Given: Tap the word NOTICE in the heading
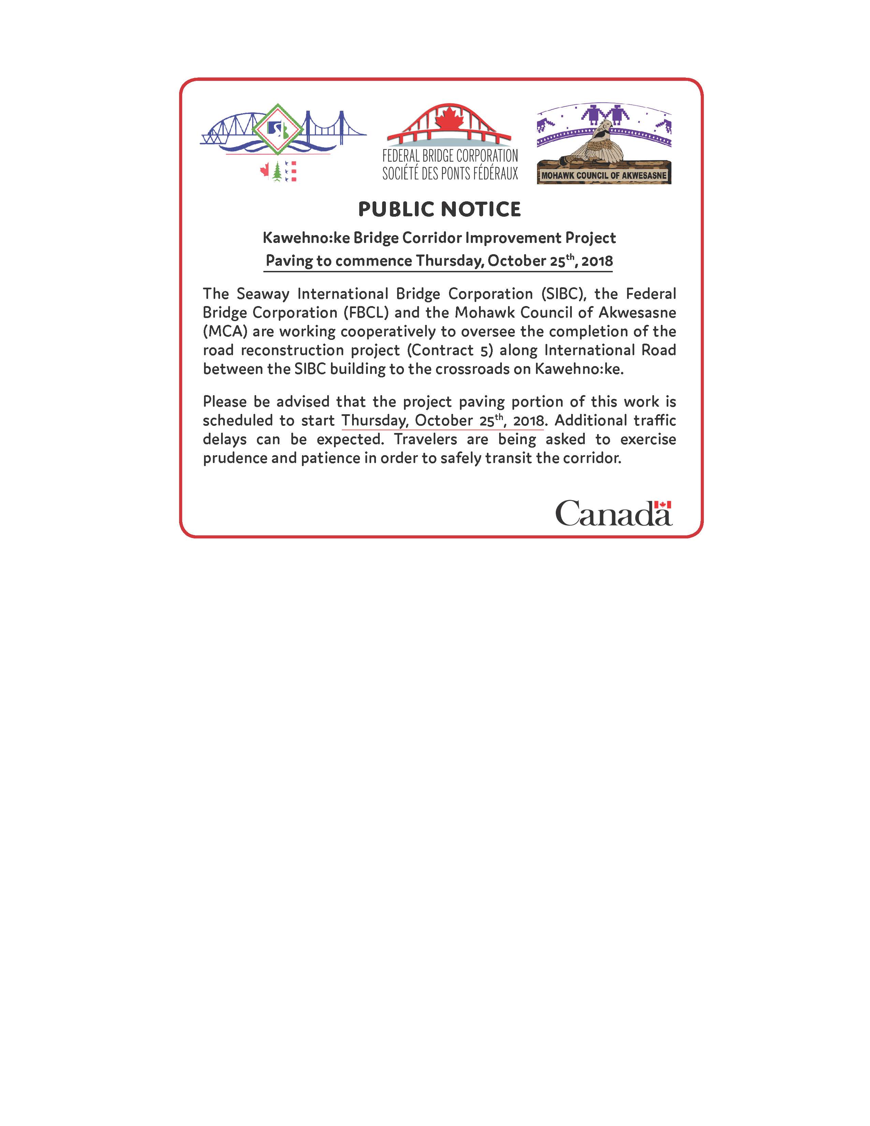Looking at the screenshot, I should tap(481, 209).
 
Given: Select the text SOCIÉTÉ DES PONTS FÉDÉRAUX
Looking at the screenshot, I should tap(450, 174).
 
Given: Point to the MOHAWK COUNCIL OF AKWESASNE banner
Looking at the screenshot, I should tap(604, 175).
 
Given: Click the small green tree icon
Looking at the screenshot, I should tap(278, 172).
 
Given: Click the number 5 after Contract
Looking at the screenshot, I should tap(483, 350).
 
